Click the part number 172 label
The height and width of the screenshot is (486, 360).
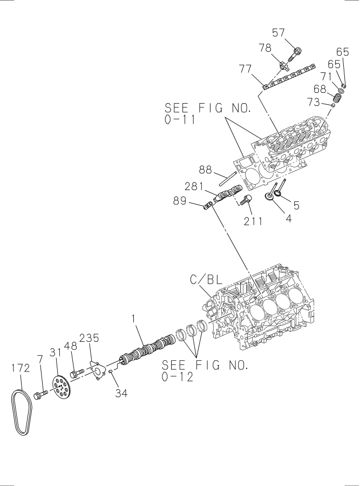(21, 368)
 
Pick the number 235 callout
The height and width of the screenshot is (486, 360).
(89, 337)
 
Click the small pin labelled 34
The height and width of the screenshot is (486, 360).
(110, 371)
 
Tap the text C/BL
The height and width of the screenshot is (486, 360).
(206, 280)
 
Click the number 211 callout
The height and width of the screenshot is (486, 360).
(253, 221)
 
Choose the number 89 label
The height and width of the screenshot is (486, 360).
(180, 201)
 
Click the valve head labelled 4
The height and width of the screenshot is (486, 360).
(269, 196)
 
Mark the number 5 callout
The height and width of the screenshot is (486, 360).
(296, 205)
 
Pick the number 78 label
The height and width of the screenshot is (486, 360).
(265, 48)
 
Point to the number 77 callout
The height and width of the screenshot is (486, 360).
(246, 69)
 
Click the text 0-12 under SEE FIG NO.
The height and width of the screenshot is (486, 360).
(178, 376)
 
